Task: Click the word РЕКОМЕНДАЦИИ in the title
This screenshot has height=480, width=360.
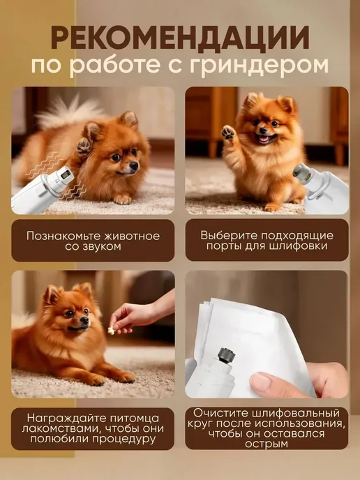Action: [180, 38]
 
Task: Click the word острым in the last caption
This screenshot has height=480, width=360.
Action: [267, 444]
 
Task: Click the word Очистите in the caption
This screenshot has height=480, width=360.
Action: [220, 413]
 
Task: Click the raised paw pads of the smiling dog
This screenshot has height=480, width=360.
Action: [228, 133]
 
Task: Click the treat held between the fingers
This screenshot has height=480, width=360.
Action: [111, 330]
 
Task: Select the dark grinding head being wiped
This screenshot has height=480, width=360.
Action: [226, 355]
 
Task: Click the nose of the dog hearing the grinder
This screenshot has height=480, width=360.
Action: [134, 165]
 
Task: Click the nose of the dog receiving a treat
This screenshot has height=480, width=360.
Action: [84, 320]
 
